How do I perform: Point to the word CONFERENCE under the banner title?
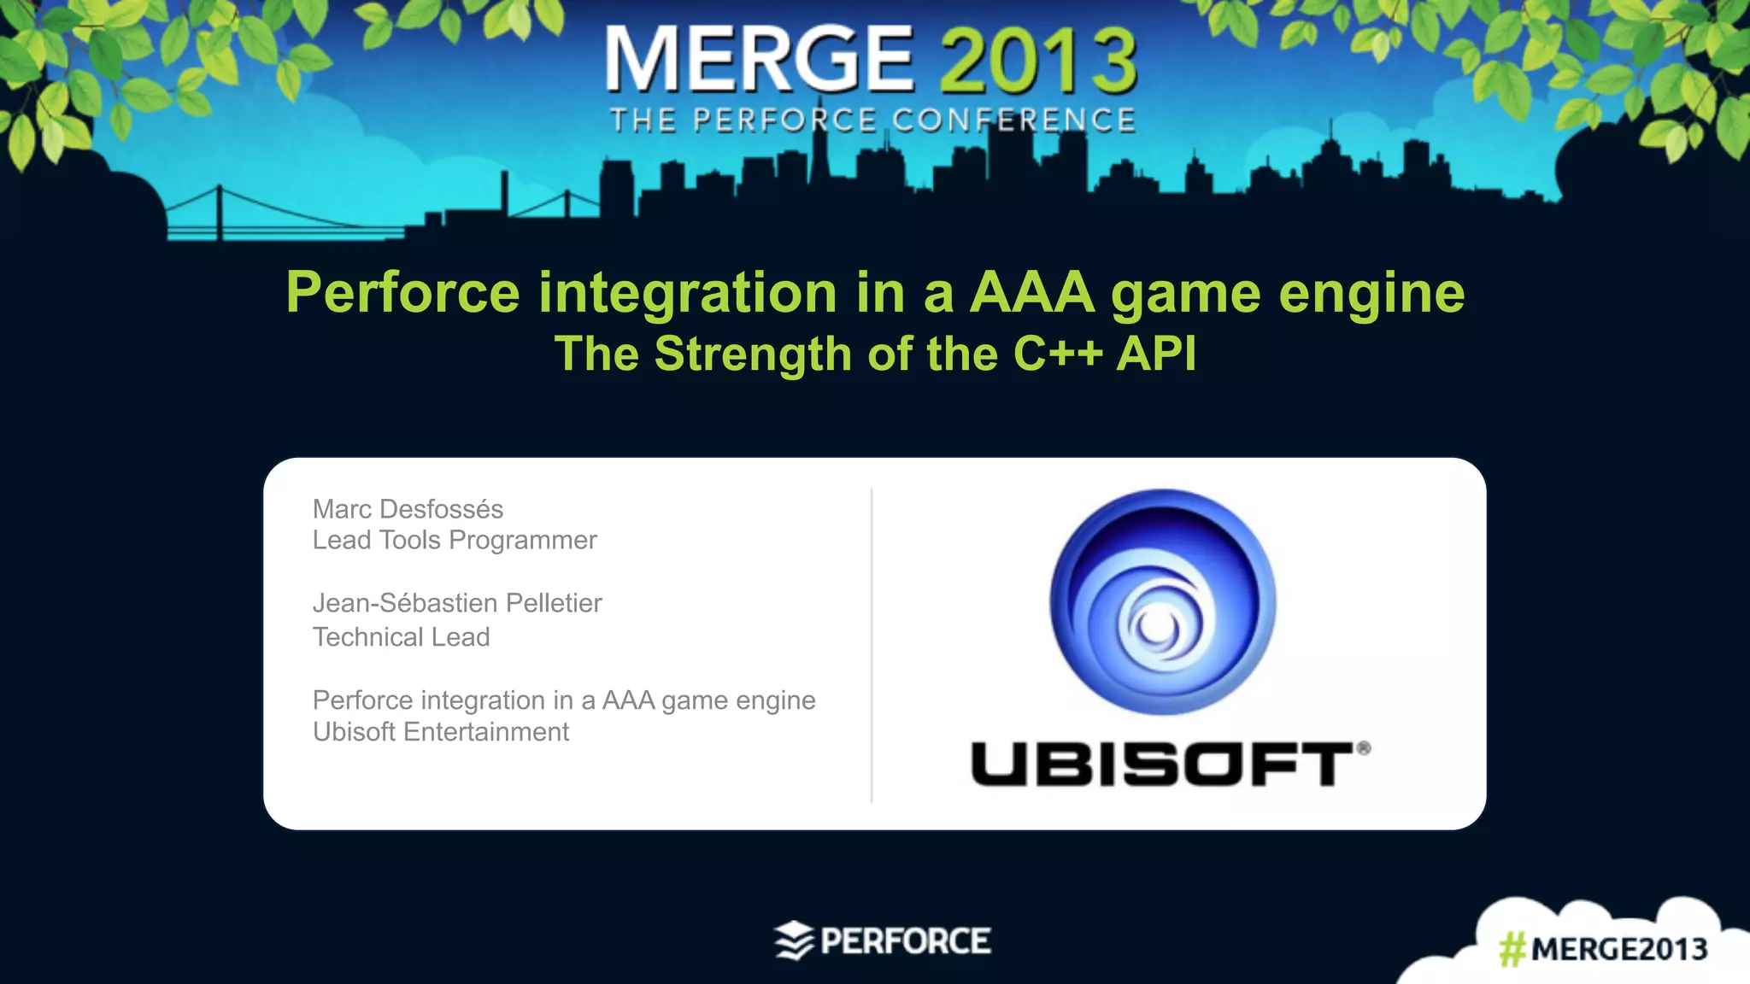pos(1014,120)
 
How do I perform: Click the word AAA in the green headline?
pos(1032,293)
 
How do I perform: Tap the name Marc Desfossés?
pos(408,509)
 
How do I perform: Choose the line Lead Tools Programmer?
pos(455,540)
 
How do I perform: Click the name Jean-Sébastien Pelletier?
pos(457,603)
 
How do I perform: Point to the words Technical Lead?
pos(401,637)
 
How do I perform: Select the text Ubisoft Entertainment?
pos(440,732)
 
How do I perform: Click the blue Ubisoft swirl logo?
pos(1162,602)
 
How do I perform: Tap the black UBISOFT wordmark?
pos(1162,764)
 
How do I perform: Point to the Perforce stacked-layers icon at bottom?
pos(794,940)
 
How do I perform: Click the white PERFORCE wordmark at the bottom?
pos(906,941)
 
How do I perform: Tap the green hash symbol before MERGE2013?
pos(1512,949)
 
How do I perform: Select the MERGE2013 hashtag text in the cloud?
pos(1618,949)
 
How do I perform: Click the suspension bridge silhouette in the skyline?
pos(256,214)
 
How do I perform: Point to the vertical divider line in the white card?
pos(872,645)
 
